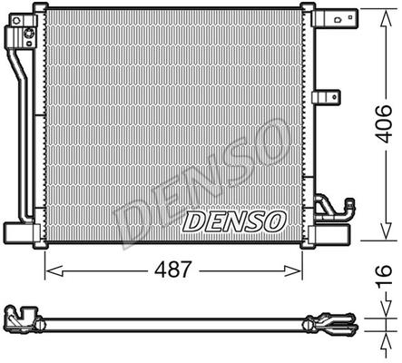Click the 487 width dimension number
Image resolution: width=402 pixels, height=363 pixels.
173,270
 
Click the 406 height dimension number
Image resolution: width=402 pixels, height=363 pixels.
383,123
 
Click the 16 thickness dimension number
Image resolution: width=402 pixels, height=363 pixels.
384,275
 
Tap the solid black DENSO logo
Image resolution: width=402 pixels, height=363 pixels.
234,221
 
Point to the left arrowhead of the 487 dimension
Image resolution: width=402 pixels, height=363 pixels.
54,270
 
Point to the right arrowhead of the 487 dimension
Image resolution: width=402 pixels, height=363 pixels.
293,270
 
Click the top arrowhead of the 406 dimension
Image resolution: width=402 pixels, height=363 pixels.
386,19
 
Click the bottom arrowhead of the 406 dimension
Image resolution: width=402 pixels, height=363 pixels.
386,231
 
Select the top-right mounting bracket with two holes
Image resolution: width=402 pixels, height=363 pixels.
337,19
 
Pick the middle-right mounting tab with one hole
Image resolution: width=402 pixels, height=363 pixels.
327,97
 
